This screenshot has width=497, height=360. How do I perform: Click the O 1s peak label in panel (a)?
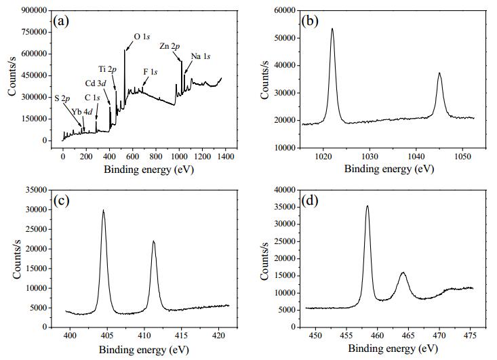(142, 37)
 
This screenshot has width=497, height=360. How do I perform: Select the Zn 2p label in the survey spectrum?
(170, 46)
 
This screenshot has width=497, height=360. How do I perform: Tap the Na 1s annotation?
(201, 56)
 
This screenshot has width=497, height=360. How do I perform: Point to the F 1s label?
(151, 72)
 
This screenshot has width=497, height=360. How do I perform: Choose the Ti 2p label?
(107, 69)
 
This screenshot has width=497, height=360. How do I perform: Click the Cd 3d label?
(96, 83)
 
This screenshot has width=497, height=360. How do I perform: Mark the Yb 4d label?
(82, 112)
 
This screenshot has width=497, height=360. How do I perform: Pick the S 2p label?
(62, 98)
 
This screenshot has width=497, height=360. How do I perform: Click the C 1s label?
(92, 98)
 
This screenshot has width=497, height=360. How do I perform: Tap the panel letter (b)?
(310, 21)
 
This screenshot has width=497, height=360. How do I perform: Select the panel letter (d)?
(310, 201)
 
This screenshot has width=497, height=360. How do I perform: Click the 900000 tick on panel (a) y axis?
(34, 10)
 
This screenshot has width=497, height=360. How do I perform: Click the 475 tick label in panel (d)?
(470, 336)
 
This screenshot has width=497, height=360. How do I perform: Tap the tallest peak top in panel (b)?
(332, 28)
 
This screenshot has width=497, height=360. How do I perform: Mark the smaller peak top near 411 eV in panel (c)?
(154, 241)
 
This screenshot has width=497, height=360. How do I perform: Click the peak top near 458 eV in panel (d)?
(367, 206)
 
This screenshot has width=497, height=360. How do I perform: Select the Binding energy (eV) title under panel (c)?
(144, 350)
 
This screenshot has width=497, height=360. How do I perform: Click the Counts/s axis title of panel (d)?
(264, 261)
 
